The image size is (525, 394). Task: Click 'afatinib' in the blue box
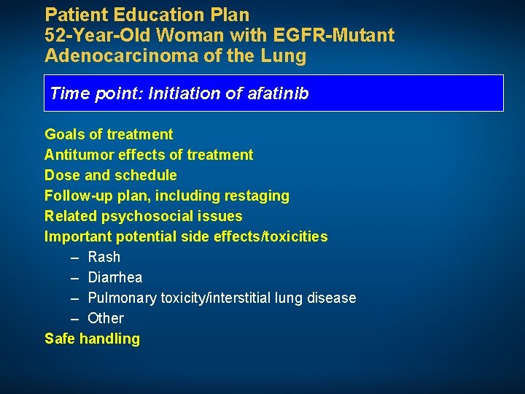pos(278,93)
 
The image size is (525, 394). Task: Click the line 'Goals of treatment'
pos(109,134)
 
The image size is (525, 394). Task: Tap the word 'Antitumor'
pos(79,155)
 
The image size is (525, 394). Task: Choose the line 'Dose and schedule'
pos(110,175)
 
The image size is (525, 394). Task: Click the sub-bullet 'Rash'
pos(104,257)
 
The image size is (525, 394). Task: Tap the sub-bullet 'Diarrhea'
pos(114,277)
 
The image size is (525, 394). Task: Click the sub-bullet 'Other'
pos(106,318)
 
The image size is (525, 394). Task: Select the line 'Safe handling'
pos(92,339)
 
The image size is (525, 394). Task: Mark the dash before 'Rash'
pos(75,258)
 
